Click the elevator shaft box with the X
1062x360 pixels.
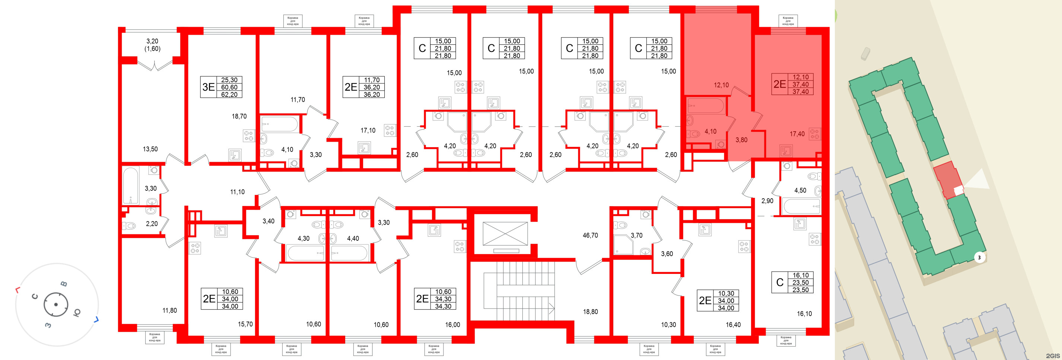(505, 234)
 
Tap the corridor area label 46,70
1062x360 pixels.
(590, 236)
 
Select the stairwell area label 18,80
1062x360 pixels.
(590, 312)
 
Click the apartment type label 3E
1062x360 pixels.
(209, 87)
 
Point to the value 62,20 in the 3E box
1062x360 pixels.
(229, 94)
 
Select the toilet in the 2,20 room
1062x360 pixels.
(130, 226)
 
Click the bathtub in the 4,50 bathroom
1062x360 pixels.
(801, 206)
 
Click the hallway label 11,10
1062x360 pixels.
(237, 192)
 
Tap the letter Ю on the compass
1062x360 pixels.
(77, 313)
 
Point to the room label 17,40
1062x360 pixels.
(797, 134)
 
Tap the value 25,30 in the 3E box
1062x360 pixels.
(229, 80)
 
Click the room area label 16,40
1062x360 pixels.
(733, 325)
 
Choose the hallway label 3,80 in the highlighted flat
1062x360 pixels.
(741, 140)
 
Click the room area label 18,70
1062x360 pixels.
(239, 116)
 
